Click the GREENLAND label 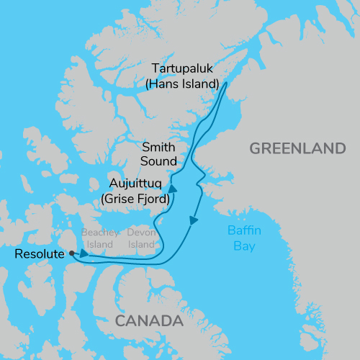pyautogui.click(x=297, y=149)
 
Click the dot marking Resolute pyautogui.click(x=71, y=253)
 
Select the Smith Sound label pyautogui.click(x=159, y=153)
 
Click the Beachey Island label pyautogui.click(x=98, y=239)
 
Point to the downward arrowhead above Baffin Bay pyautogui.click(x=194, y=220)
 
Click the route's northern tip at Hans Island pyautogui.click(x=227, y=84)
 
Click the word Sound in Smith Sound pyautogui.click(x=160, y=160)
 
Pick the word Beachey pyautogui.click(x=98, y=233)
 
